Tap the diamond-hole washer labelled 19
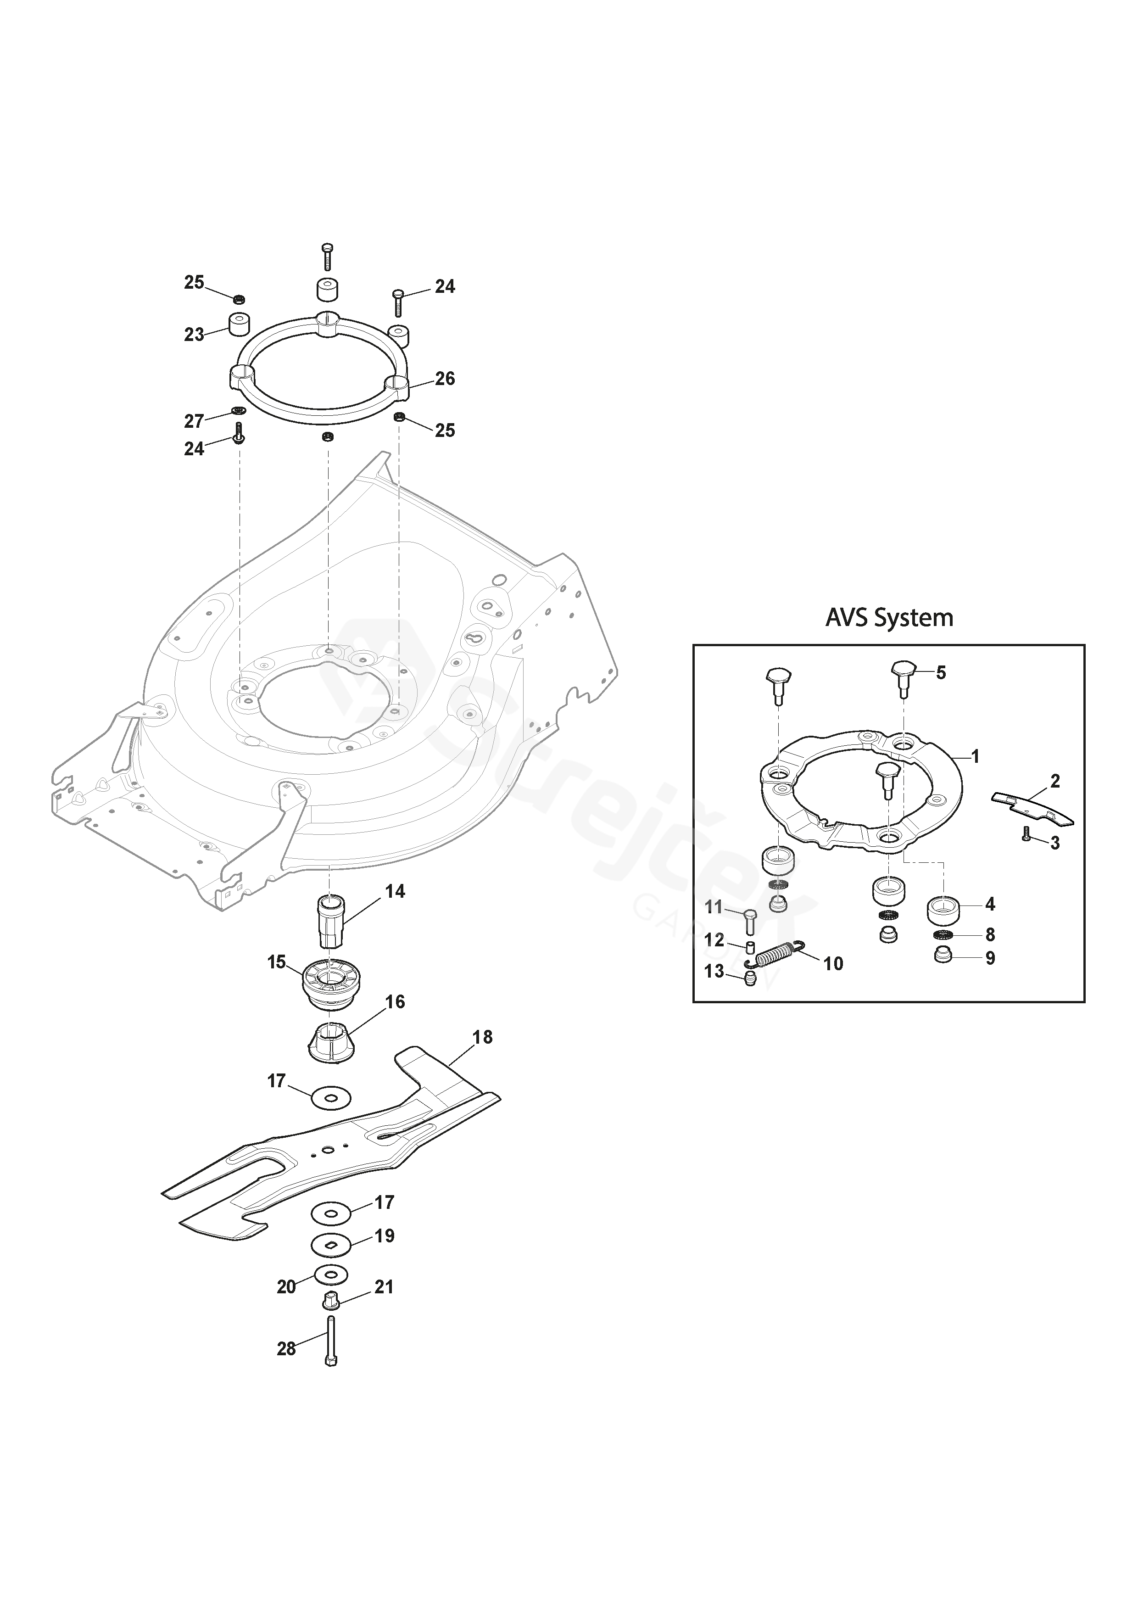click(x=331, y=1245)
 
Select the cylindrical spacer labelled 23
click(x=239, y=325)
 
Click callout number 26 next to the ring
click(x=445, y=379)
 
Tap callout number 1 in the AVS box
click(x=975, y=757)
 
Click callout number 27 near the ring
click(x=194, y=421)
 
